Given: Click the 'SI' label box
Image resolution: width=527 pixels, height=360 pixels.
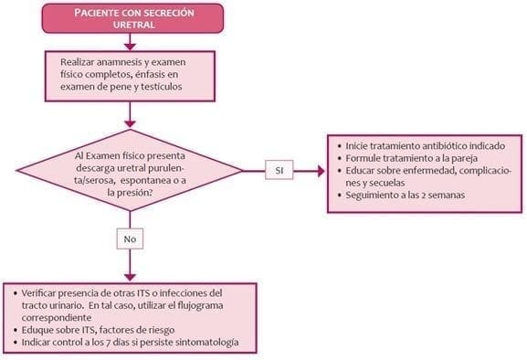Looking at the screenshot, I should point(279,170).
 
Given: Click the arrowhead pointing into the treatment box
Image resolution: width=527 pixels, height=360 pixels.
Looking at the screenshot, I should point(321,170).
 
